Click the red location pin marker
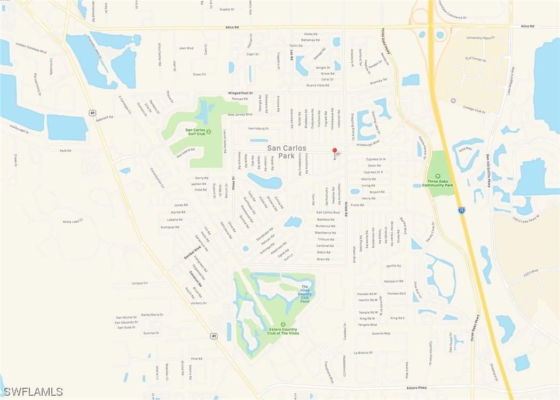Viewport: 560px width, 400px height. (335, 151)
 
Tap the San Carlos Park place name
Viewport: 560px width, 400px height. (287, 152)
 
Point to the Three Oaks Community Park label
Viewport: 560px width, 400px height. (438, 182)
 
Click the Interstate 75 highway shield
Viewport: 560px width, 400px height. (461, 210)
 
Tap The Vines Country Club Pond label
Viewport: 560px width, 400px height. (304, 294)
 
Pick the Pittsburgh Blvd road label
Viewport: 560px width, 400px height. (368, 143)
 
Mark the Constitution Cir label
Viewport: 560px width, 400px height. (157, 178)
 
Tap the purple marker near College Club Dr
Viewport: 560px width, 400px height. (453, 101)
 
